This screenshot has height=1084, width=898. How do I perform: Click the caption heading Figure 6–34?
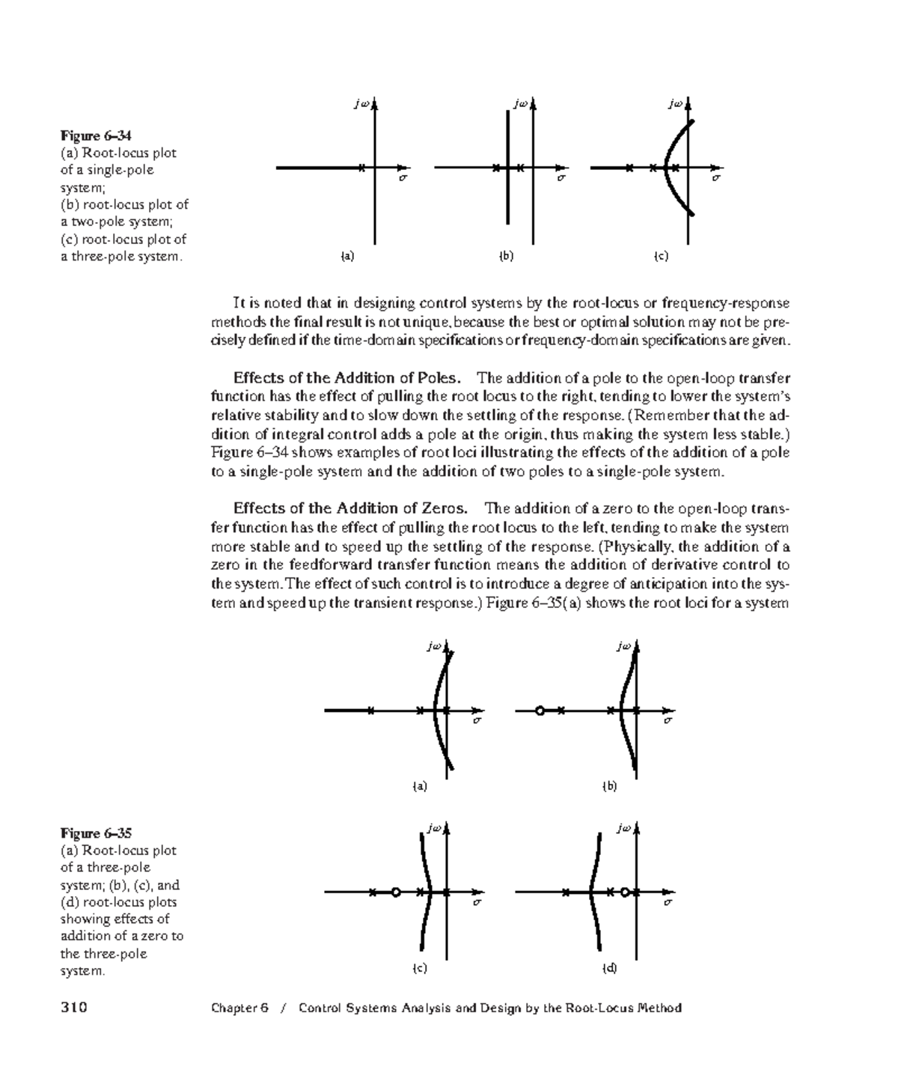(96, 135)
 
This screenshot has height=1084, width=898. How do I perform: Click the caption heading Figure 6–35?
(96, 833)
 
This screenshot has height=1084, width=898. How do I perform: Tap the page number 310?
(74, 1008)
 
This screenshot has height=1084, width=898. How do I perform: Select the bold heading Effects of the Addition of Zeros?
(350, 509)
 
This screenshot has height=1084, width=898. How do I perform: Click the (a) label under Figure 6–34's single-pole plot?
(346, 256)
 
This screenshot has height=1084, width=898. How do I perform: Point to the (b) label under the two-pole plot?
(507, 256)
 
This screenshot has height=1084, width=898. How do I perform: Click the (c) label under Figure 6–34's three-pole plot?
(661, 256)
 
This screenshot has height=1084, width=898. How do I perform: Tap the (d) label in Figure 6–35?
(610, 968)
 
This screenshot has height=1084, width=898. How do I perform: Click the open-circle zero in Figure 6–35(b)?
(540, 710)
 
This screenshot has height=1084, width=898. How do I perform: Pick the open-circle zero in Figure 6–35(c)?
(396, 892)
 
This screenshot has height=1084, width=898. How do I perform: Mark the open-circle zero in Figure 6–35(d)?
(625, 892)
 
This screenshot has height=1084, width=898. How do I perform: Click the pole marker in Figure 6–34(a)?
(361, 168)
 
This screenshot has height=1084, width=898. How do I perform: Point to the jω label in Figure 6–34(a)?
(362, 104)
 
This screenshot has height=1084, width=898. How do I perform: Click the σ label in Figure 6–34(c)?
(715, 179)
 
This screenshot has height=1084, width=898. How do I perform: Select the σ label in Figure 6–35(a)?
(476, 721)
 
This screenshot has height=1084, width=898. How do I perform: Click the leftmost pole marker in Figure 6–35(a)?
(370, 710)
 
